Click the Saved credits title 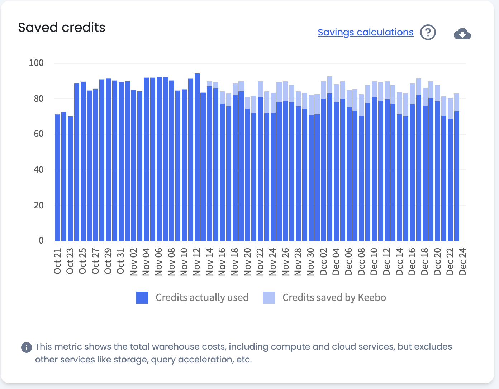(x=62, y=28)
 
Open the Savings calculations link (x=365, y=32)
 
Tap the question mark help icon (x=428, y=33)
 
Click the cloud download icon (x=462, y=34)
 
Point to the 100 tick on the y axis (x=36, y=63)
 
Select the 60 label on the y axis (x=39, y=134)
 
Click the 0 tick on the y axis (x=41, y=241)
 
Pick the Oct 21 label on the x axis (x=58, y=261)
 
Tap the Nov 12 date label (x=197, y=261)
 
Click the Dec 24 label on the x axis (x=463, y=261)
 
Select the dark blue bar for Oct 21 (x=57, y=179)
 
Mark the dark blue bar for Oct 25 (x=83, y=161)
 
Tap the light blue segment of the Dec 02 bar (x=323, y=90)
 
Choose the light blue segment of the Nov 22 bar (x=260, y=89)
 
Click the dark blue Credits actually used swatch (x=142, y=298)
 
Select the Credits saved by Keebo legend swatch (x=269, y=298)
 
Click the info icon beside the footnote (x=27, y=347)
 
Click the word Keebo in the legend (x=372, y=298)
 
